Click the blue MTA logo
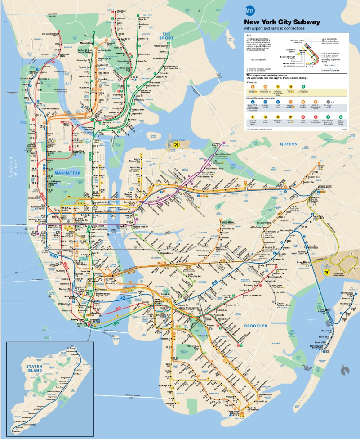tap(250, 11)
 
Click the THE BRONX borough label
tap(168, 36)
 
